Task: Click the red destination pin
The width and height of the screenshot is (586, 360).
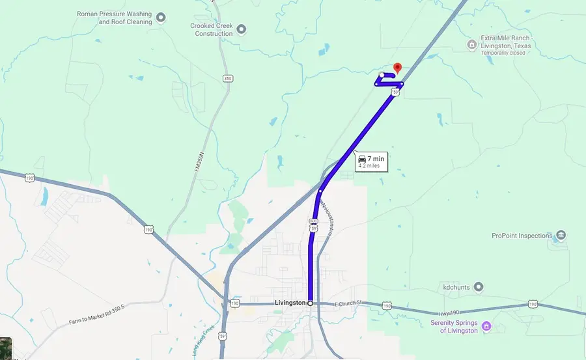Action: [x=398, y=68]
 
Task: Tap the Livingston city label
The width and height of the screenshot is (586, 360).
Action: [x=290, y=303]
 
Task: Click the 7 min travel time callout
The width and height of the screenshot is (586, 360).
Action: [x=371, y=162]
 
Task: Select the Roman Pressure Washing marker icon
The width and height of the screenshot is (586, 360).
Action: [x=161, y=17]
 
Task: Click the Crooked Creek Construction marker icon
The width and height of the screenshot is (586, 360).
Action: [x=242, y=29]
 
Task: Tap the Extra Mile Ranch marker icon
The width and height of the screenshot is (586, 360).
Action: [x=472, y=44]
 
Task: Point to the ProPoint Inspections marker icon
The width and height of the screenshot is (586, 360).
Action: [x=561, y=235]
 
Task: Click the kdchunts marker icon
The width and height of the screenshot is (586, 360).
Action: [x=479, y=286]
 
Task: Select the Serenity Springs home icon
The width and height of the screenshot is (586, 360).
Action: [x=486, y=325]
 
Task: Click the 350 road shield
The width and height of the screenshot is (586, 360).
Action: [x=227, y=79]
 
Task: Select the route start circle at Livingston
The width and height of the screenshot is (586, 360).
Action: [x=310, y=303]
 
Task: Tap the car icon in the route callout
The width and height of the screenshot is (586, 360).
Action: [x=362, y=158]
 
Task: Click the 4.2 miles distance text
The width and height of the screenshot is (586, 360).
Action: [x=369, y=166]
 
